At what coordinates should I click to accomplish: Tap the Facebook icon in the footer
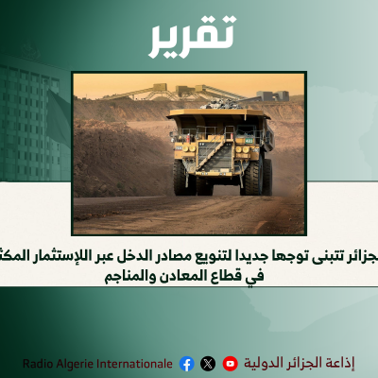[186, 363]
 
